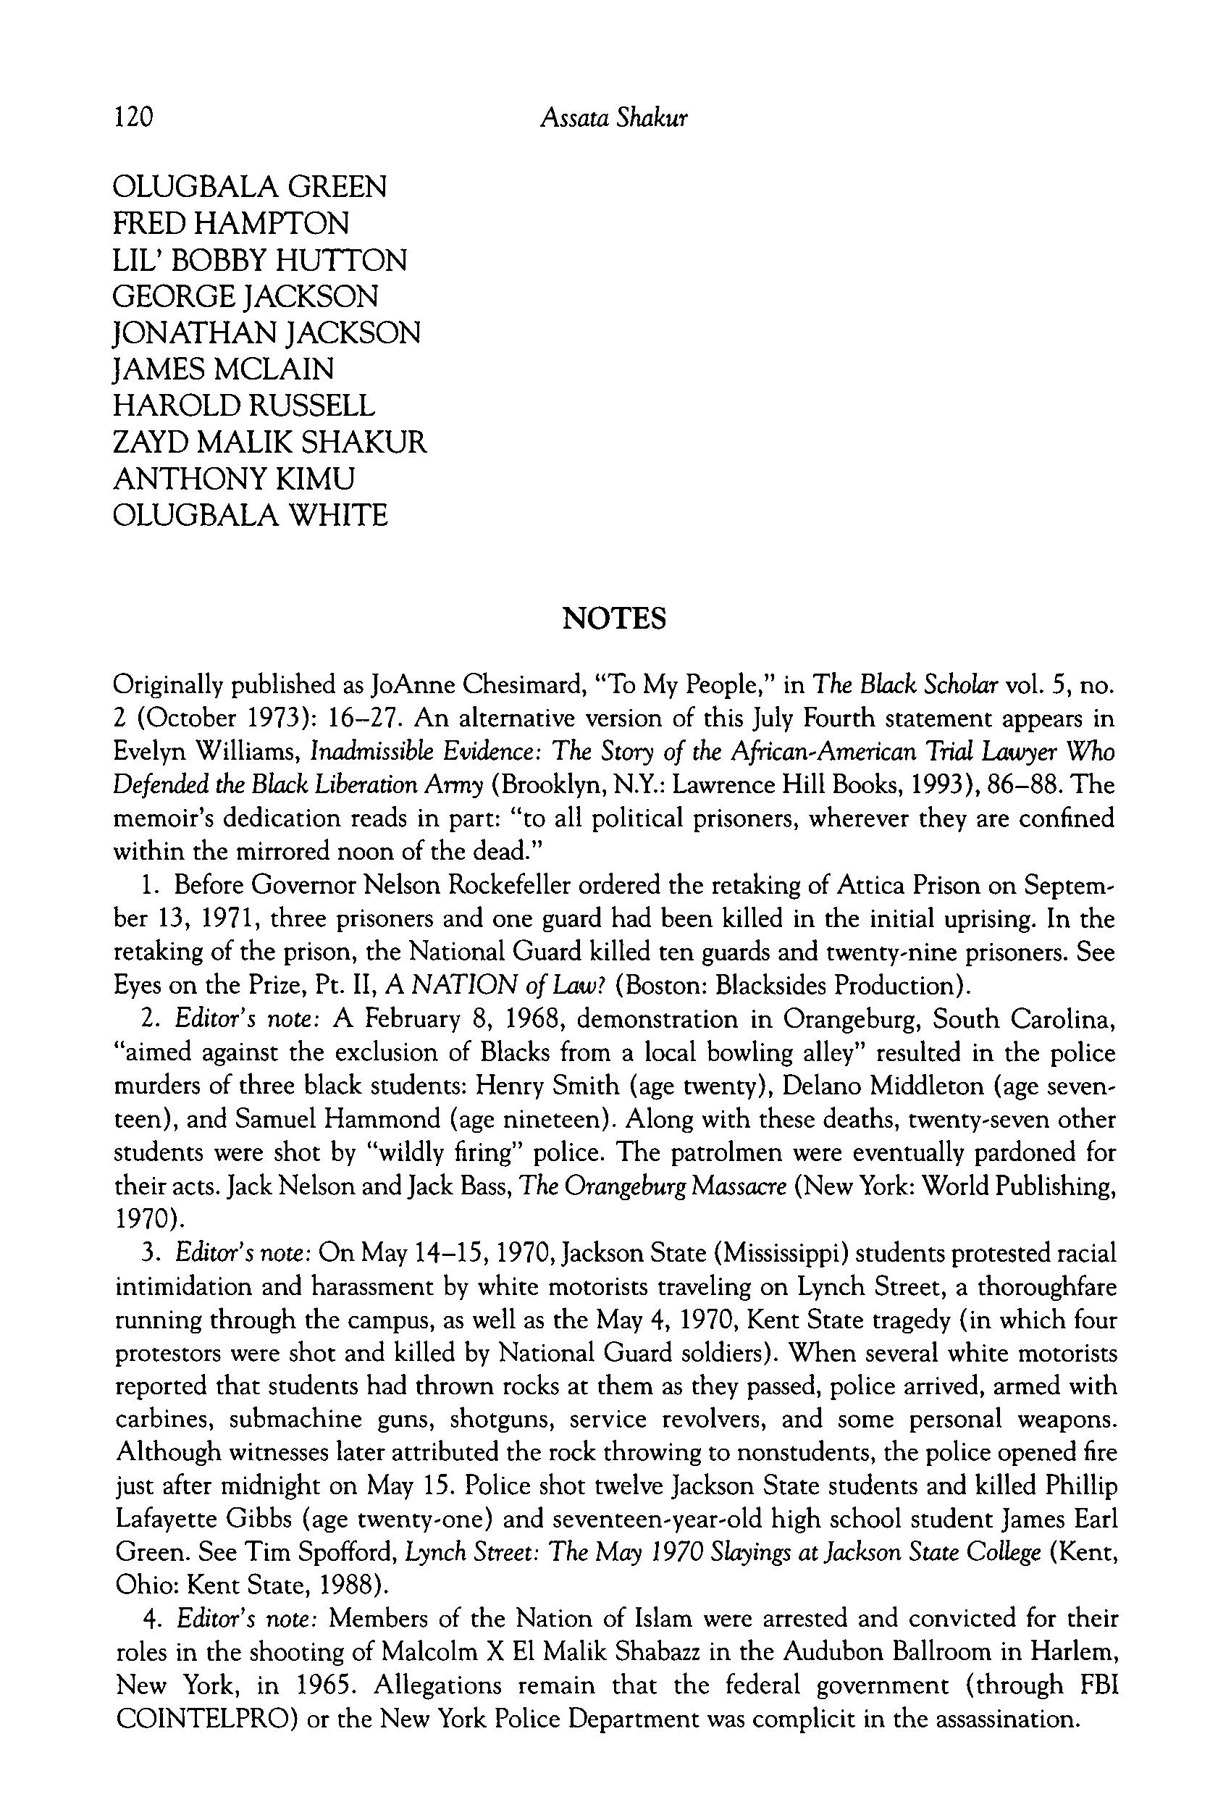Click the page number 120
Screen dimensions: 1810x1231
[x=133, y=117]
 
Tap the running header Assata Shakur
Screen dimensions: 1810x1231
[x=613, y=117]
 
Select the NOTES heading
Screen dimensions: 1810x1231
[x=613, y=619]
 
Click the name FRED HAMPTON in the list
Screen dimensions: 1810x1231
[x=230, y=224]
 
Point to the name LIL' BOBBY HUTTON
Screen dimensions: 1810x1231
[x=259, y=260]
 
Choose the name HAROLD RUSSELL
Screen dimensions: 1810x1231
[x=244, y=406]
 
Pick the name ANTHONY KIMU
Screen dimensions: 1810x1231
[x=234, y=478]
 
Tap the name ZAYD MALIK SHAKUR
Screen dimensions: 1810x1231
[x=269, y=443]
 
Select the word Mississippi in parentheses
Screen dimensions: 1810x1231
[x=768, y=1253]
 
